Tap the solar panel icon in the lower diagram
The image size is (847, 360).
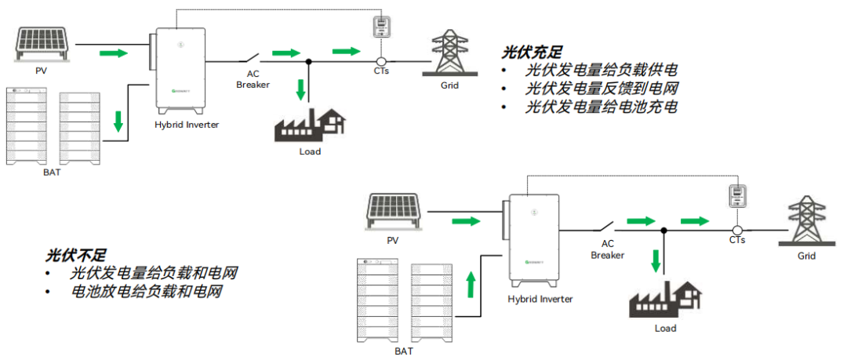click(x=393, y=212)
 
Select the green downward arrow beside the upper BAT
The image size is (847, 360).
click(x=118, y=122)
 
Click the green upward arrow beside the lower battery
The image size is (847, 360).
click(x=471, y=285)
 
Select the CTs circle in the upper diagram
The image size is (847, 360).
click(x=380, y=62)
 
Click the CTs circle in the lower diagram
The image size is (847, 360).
click(x=736, y=231)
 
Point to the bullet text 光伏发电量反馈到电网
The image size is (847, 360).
click(x=602, y=89)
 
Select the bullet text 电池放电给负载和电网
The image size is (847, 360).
click(x=147, y=292)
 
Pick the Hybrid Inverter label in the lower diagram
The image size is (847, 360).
click(x=540, y=299)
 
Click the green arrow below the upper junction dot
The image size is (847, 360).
click(x=301, y=89)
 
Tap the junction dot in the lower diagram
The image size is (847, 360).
click(x=664, y=231)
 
